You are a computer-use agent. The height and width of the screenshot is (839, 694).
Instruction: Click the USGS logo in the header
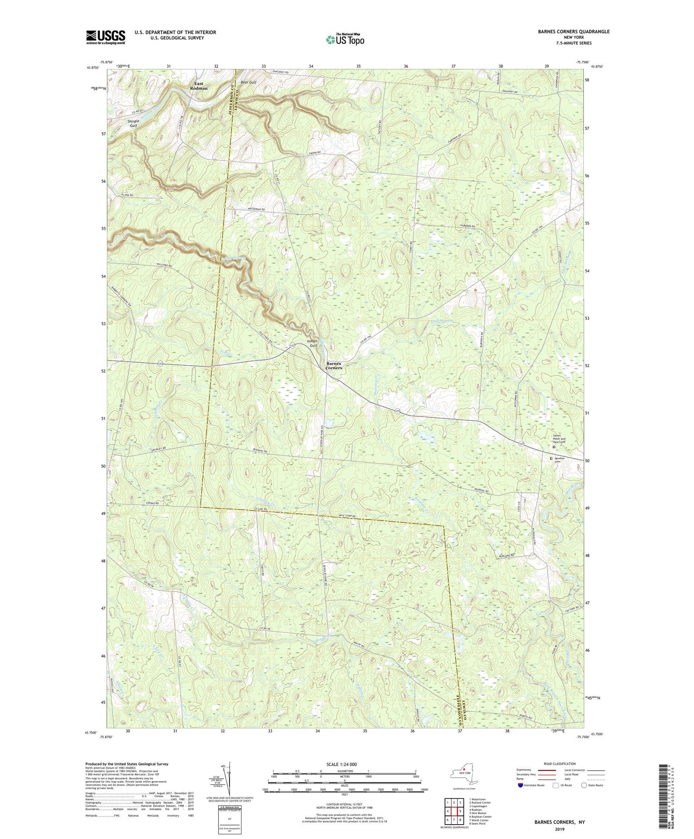click(105, 37)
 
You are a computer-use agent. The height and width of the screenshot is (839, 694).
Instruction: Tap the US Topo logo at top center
click(345, 39)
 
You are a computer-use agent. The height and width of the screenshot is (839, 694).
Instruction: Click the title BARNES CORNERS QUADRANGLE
click(567, 31)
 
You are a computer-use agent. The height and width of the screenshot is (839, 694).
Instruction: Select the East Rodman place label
click(198, 86)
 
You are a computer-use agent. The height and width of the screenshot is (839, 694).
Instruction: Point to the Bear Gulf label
click(248, 82)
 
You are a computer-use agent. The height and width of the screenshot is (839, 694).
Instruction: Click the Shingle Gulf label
click(133, 123)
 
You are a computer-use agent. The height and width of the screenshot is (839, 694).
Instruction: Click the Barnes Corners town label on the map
click(334, 366)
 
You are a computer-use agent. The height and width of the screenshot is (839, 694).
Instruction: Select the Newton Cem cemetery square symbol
click(551, 458)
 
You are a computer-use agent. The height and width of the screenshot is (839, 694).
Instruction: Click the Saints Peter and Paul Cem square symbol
click(554, 447)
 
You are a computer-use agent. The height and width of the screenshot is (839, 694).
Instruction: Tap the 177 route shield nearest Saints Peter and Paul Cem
click(521, 444)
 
